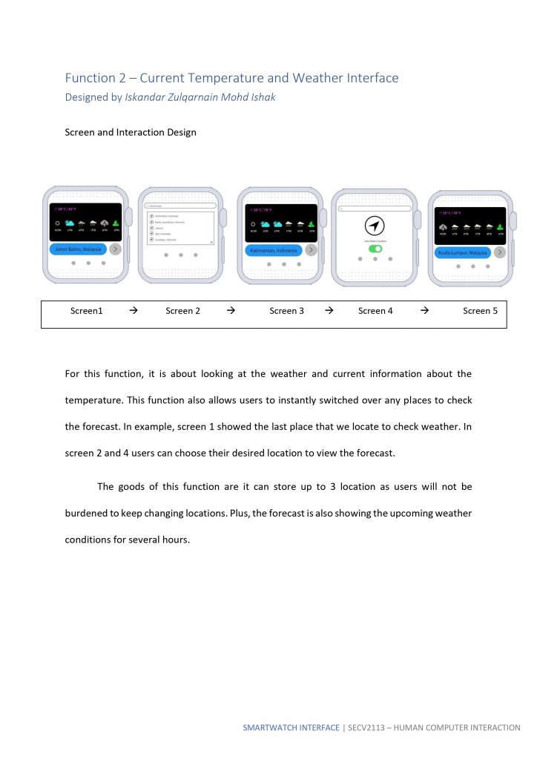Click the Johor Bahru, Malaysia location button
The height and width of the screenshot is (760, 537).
click(x=78, y=249)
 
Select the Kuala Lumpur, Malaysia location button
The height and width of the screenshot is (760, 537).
click(x=462, y=252)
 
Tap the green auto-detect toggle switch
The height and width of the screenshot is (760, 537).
click(x=375, y=249)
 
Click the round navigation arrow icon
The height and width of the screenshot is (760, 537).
click(x=375, y=227)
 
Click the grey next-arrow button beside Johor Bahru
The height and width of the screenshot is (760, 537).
click(x=115, y=249)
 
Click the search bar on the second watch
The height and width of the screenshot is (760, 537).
click(x=180, y=206)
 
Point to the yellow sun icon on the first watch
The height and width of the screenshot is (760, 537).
click(x=58, y=223)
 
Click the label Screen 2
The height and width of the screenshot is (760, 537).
click(x=182, y=311)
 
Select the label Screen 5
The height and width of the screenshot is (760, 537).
click(x=480, y=311)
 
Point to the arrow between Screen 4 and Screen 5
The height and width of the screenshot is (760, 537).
click(x=424, y=311)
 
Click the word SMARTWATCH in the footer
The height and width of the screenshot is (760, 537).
click(x=270, y=728)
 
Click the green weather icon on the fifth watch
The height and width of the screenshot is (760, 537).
click(x=500, y=227)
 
